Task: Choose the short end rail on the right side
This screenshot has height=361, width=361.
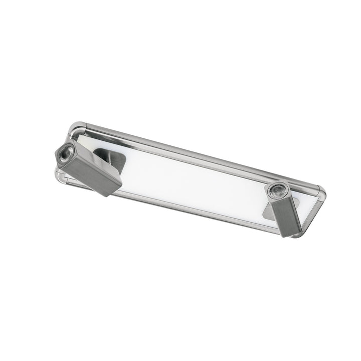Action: click(x=313, y=213)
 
